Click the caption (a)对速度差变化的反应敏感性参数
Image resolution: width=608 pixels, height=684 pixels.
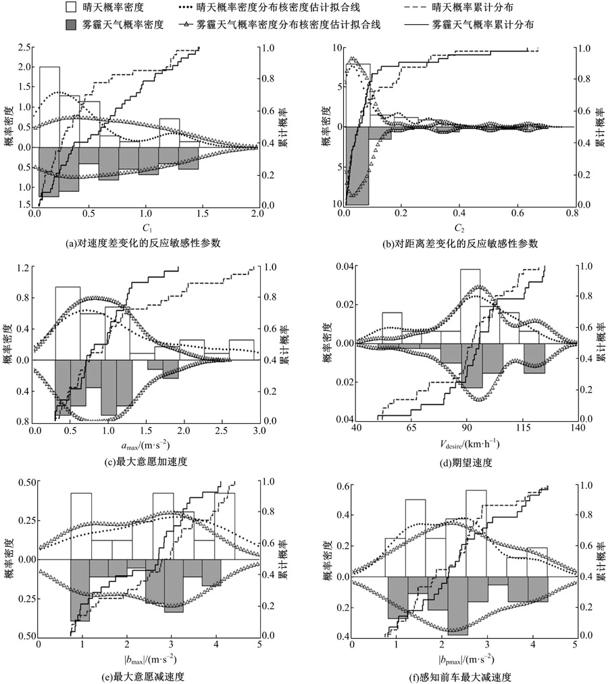[x=146, y=243]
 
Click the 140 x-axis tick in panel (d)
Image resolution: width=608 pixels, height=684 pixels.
[x=576, y=429]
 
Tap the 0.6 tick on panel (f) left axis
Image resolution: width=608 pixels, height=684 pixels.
[x=340, y=487]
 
